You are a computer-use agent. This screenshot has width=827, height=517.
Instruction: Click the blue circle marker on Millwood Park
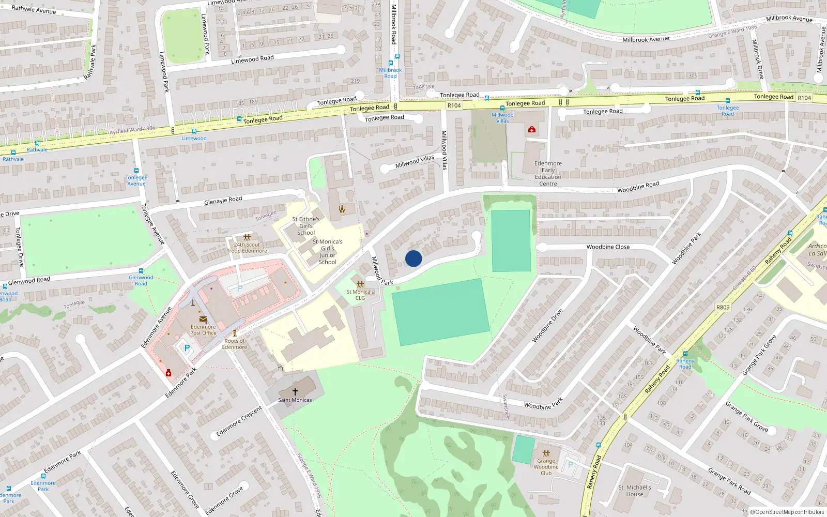[x=413, y=258]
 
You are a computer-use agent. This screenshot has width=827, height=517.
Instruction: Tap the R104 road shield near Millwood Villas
[x=454, y=105]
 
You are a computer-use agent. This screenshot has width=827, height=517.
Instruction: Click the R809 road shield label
[x=723, y=308]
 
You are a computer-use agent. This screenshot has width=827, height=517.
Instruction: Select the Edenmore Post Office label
[x=203, y=330]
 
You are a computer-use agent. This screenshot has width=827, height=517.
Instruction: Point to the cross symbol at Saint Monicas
[x=295, y=392]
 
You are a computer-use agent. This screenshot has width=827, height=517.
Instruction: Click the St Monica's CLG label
[x=360, y=295]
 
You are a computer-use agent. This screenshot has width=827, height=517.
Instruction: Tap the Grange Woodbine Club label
[x=546, y=467]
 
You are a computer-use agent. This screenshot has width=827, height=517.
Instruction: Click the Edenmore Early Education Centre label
[x=548, y=174]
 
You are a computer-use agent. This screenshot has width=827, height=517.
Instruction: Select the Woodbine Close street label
[x=608, y=247]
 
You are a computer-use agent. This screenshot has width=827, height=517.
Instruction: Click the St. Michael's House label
[x=634, y=491]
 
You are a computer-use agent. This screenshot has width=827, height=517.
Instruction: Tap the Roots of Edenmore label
[x=235, y=344]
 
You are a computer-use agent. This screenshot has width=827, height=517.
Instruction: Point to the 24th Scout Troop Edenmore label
[x=247, y=248]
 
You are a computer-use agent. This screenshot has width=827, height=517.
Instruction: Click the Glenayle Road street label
[x=223, y=200]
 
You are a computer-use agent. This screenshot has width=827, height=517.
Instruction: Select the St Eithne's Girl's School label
[x=305, y=226]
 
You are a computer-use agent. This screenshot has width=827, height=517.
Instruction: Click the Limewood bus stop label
[x=194, y=139]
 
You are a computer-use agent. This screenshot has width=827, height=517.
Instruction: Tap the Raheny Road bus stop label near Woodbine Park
[x=685, y=364]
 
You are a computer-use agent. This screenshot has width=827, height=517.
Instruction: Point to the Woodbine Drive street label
[x=547, y=326]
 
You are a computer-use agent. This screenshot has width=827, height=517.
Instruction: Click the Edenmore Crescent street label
[x=239, y=421]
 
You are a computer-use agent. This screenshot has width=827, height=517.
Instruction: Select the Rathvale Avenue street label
[x=34, y=9]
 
